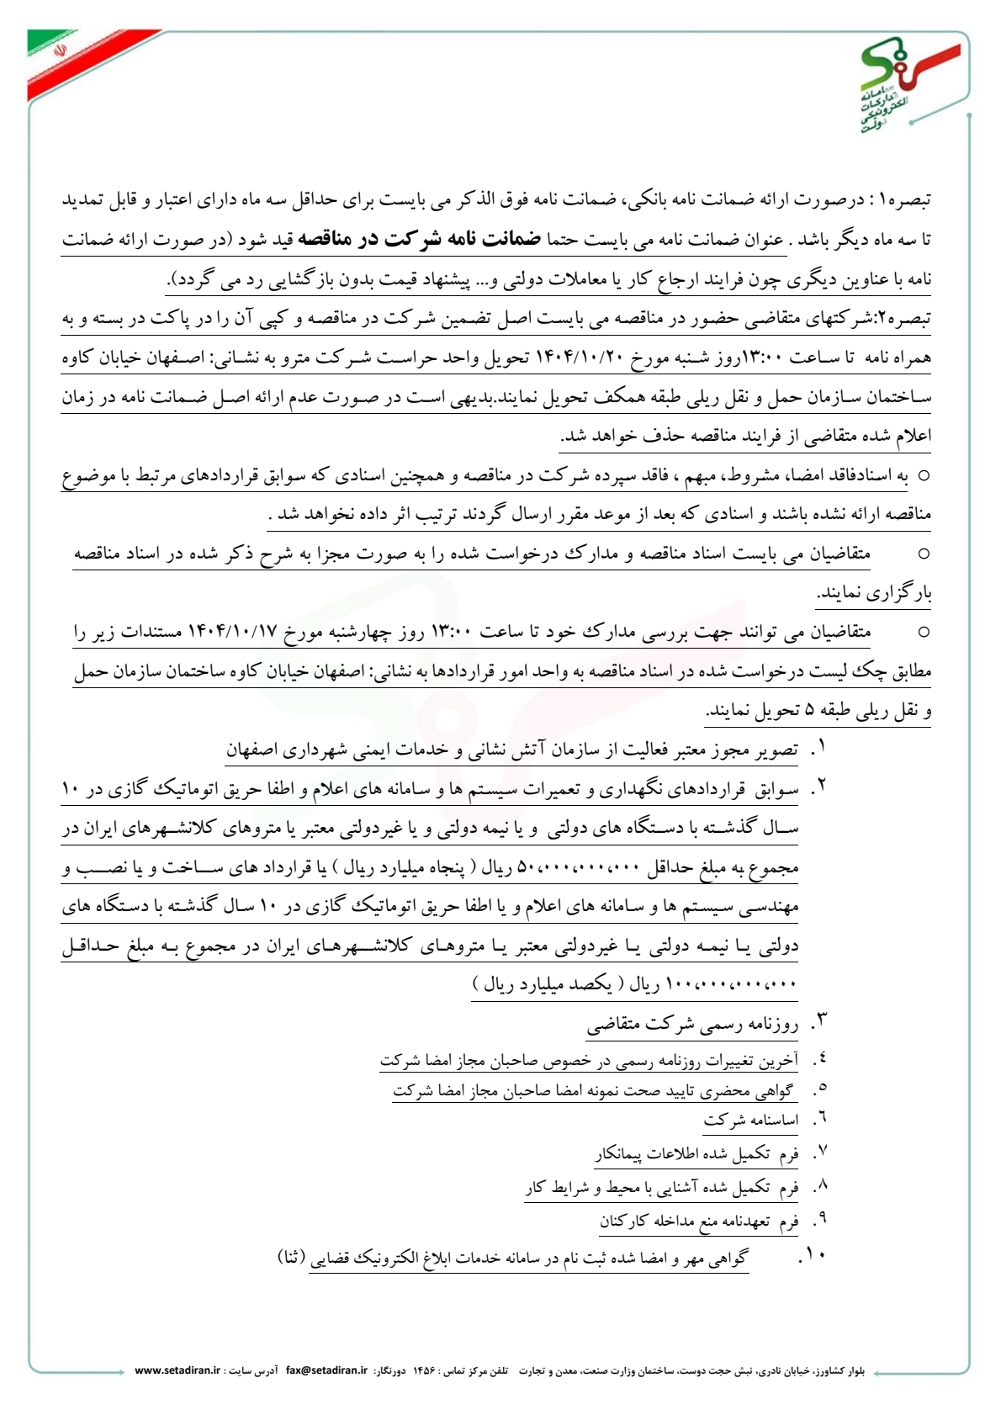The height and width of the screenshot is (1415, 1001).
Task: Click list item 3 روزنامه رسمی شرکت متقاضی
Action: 692,1025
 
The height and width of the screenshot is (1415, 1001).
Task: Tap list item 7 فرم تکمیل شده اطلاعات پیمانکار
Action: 696,1154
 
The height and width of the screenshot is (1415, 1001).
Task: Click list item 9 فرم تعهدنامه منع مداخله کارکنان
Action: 698,1222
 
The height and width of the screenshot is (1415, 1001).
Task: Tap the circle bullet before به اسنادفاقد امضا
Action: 924,475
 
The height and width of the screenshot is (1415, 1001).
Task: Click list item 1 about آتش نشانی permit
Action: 511,750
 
